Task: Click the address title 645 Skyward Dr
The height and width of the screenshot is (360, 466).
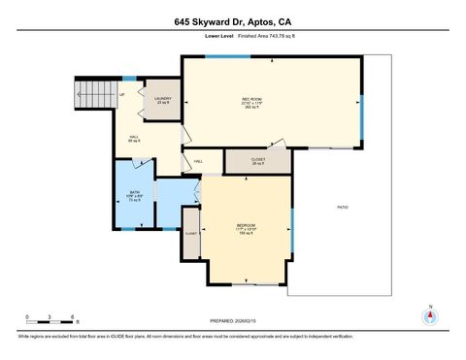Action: [232, 19]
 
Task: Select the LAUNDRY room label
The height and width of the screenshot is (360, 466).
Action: [162, 98]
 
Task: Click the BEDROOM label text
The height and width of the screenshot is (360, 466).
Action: [245, 228]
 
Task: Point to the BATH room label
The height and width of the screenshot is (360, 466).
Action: [135, 194]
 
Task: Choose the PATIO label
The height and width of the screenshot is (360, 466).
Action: [342, 208]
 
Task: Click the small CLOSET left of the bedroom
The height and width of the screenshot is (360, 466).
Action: [191, 234]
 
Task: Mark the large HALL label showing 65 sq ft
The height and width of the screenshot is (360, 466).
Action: [133, 139]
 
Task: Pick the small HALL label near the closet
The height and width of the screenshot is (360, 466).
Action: [198, 161]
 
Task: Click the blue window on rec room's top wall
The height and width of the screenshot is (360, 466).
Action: [211, 56]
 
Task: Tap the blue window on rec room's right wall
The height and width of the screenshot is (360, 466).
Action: [362, 118]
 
